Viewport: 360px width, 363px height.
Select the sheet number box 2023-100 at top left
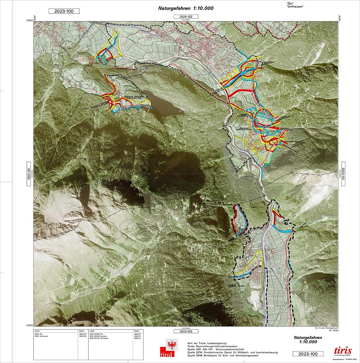(64, 11)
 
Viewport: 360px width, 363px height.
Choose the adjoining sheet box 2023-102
(186, 331)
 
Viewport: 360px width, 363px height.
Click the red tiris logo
(342, 351)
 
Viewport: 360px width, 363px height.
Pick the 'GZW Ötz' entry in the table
(39, 333)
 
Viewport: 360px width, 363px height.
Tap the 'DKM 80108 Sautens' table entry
(98, 336)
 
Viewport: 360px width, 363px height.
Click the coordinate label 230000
(30, 20)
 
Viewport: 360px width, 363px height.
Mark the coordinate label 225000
(30, 325)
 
